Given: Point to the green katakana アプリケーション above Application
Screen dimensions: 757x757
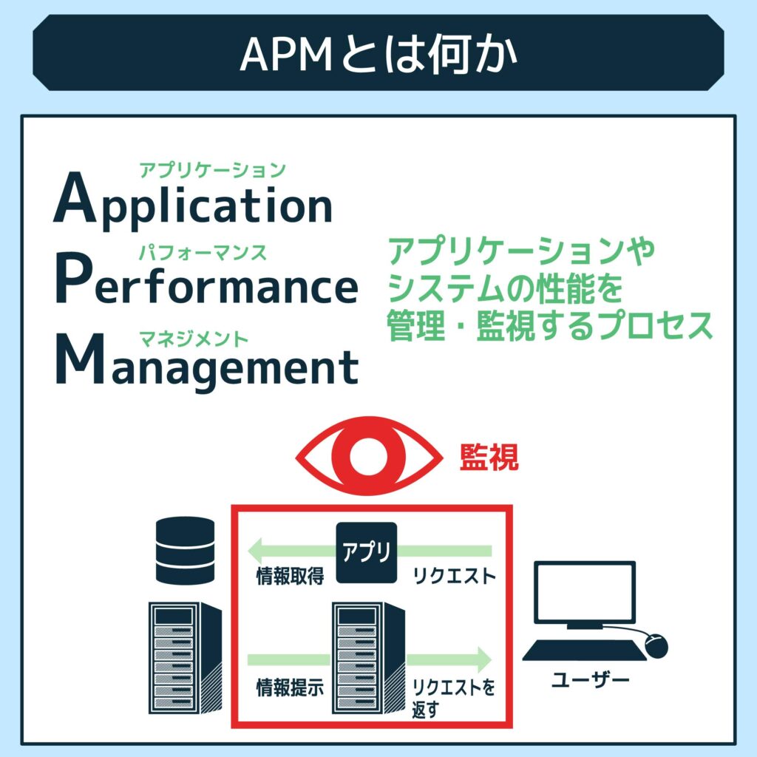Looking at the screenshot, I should click(212, 170).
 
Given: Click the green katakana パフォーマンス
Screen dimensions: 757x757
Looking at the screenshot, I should click(203, 253).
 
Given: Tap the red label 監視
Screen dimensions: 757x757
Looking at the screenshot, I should click(489, 458).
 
